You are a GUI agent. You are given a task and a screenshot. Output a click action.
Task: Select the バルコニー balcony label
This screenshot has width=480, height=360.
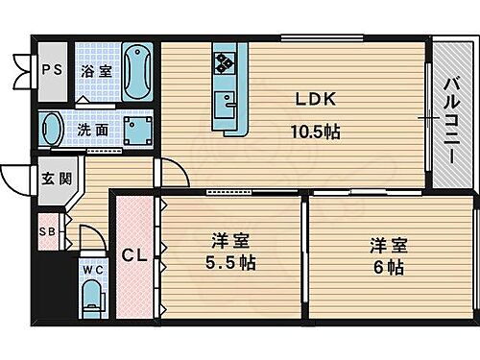449,115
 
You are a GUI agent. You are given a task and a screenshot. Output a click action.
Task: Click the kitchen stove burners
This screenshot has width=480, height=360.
228,62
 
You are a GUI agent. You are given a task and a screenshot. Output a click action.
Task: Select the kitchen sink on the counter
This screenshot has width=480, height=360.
229,102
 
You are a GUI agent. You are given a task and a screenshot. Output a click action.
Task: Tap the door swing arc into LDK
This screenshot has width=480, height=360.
172,173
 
